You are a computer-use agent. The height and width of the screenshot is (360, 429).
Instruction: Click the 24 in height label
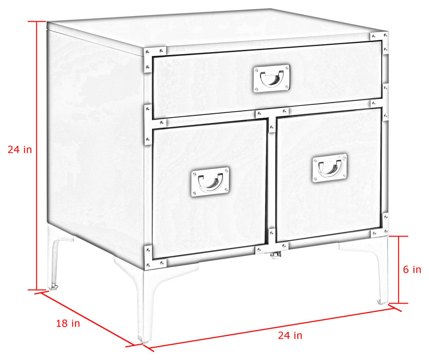(19, 150)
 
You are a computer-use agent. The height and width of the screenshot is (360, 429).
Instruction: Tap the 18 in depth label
(68, 323)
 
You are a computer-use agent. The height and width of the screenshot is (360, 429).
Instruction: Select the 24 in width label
(290, 335)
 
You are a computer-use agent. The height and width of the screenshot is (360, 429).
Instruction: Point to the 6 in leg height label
(412, 269)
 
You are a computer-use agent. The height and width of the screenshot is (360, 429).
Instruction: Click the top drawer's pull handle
(272, 79)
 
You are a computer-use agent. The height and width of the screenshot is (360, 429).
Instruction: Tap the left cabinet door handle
(210, 181)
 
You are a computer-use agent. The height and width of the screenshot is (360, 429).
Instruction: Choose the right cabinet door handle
(330, 168)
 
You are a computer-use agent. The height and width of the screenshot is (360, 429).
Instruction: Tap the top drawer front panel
(267, 79)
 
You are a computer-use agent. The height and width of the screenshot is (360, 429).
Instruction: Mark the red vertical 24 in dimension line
(37, 156)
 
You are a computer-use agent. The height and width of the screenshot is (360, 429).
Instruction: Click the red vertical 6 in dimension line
(399, 270)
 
